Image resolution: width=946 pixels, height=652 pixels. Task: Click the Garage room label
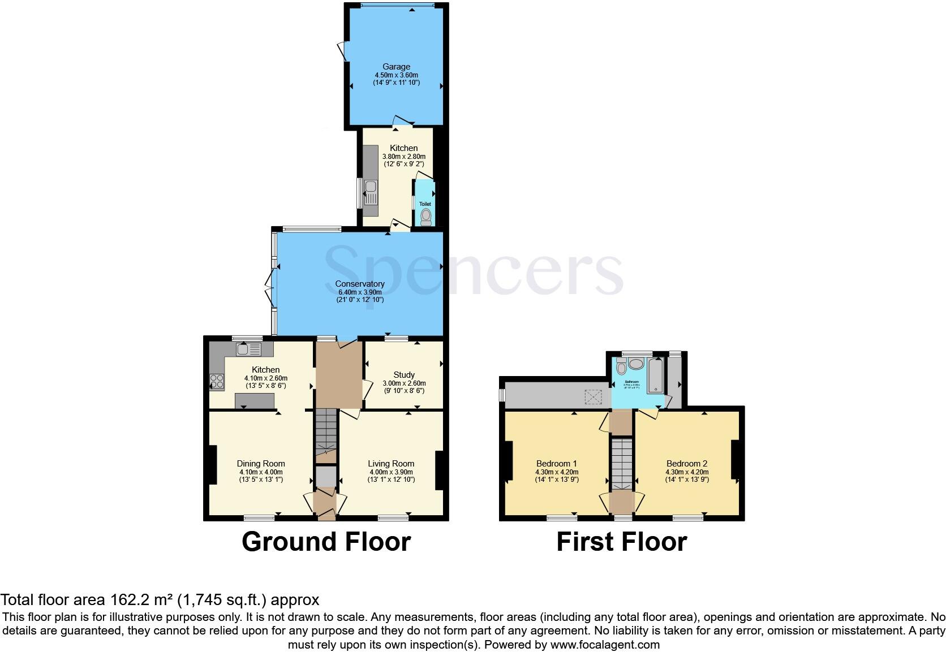[396, 67]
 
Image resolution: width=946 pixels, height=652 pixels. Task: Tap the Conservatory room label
[360, 284]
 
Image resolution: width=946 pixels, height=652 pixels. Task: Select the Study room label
[404, 374]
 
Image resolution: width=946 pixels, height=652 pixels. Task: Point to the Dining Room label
[261, 464]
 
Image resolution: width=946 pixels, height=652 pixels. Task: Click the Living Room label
[391, 464]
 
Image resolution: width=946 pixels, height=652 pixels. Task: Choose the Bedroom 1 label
[556, 463]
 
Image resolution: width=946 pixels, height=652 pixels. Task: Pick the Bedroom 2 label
[687, 463]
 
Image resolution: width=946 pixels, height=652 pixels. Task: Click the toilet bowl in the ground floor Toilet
[425, 216]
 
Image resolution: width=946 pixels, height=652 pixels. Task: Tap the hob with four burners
[217, 382]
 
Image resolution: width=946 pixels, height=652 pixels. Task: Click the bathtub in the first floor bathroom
[656, 374]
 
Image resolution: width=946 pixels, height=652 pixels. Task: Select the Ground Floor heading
[326, 542]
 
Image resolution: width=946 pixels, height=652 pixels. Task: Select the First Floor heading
[621, 542]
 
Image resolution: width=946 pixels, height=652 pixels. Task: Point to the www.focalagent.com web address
[605, 645]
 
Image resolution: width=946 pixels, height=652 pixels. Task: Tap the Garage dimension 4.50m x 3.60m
[396, 75]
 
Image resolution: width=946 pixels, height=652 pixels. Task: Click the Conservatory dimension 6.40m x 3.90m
[360, 292]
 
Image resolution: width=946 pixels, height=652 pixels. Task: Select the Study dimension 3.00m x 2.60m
[404, 383]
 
